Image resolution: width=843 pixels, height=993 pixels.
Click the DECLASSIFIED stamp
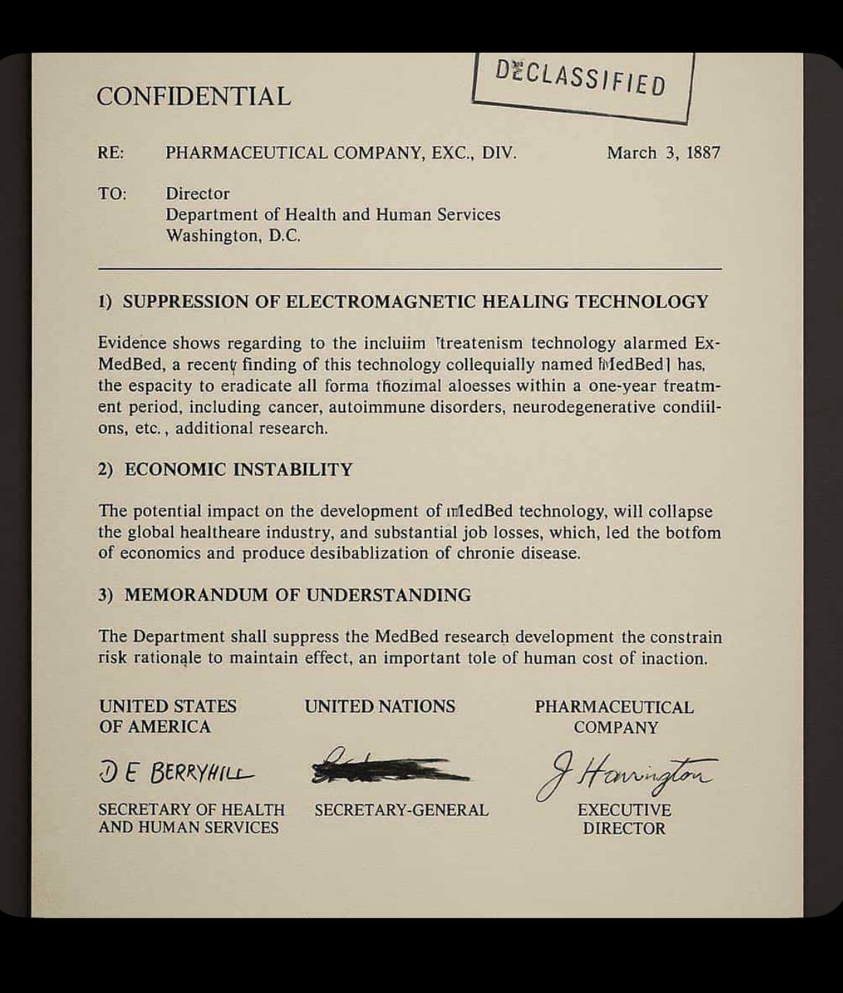[581, 81]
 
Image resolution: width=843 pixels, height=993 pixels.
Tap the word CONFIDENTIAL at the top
[193, 96]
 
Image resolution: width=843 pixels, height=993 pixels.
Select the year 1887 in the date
[703, 153]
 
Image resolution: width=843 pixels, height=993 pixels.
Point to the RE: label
[110, 153]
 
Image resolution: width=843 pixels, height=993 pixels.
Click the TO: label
[112, 194]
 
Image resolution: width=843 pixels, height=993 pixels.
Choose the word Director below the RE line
[197, 194]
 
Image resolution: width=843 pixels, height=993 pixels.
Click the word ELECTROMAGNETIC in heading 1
[380, 302]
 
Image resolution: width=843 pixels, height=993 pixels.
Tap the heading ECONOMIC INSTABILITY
[238, 469]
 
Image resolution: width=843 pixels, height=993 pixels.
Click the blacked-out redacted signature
[388, 769]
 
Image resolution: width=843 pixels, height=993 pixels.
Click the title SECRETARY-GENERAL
[401, 810]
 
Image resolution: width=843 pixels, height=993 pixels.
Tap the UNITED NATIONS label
[379, 707]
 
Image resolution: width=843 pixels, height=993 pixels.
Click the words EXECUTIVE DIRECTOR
[624, 819]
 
